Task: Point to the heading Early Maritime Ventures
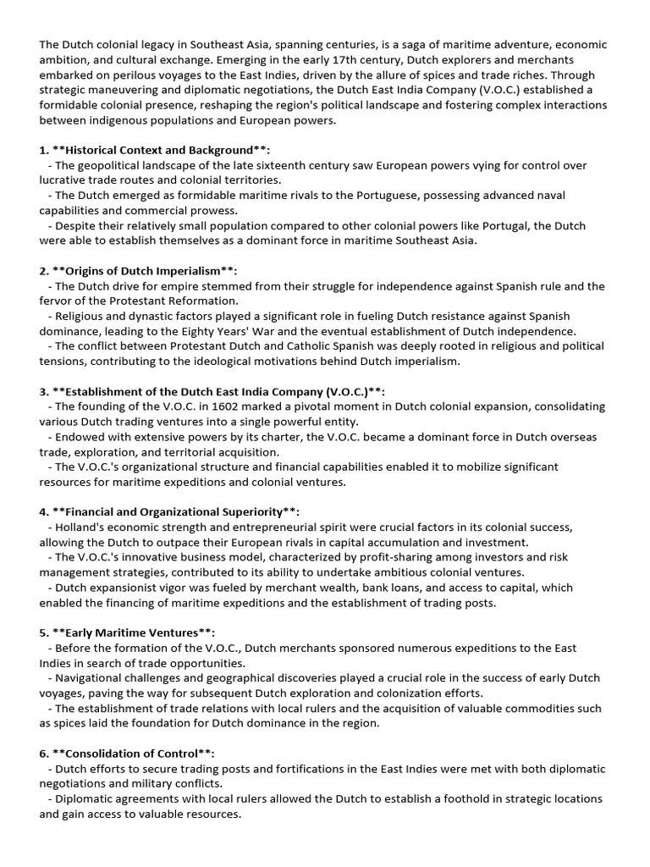tap(127, 632)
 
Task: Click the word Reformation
tap(204, 301)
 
